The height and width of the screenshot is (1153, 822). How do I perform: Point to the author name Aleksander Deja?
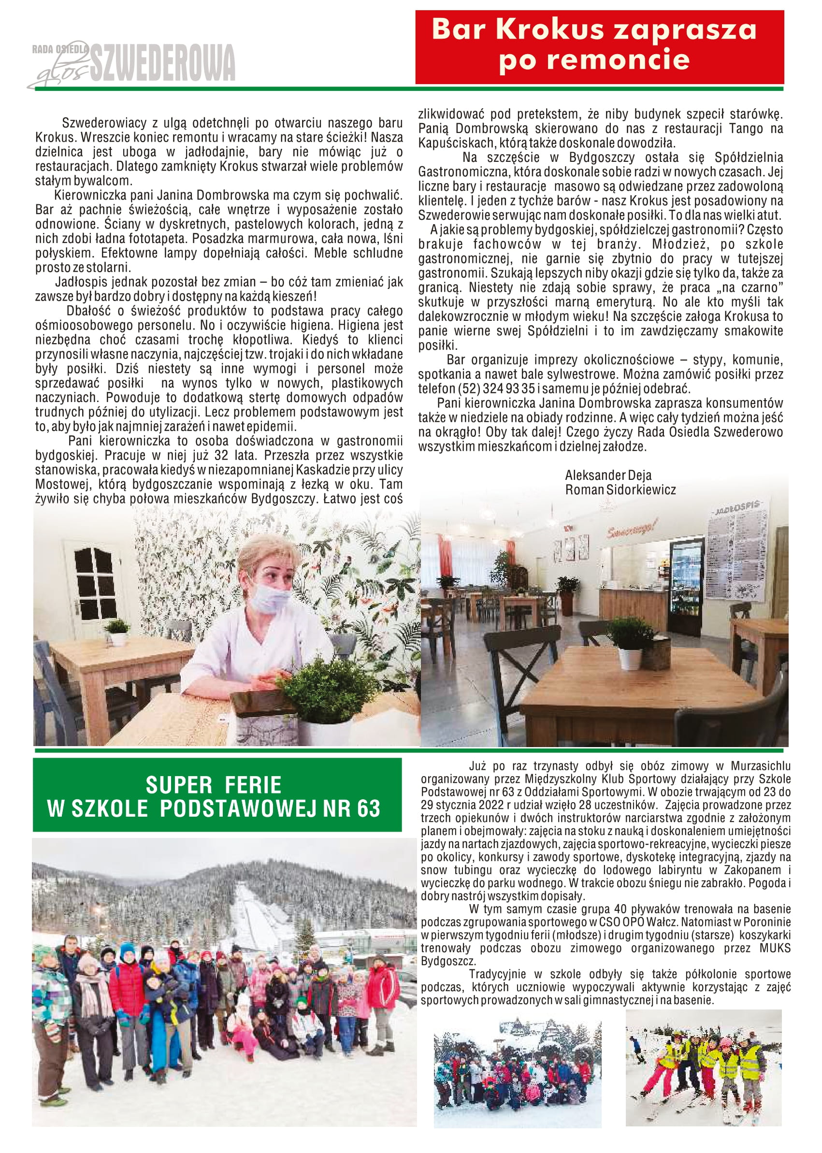[608, 476]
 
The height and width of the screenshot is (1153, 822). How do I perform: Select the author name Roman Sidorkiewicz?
[620, 490]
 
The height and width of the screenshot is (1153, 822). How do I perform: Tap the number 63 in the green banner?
[366, 808]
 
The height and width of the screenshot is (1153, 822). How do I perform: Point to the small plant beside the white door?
[117, 631]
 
